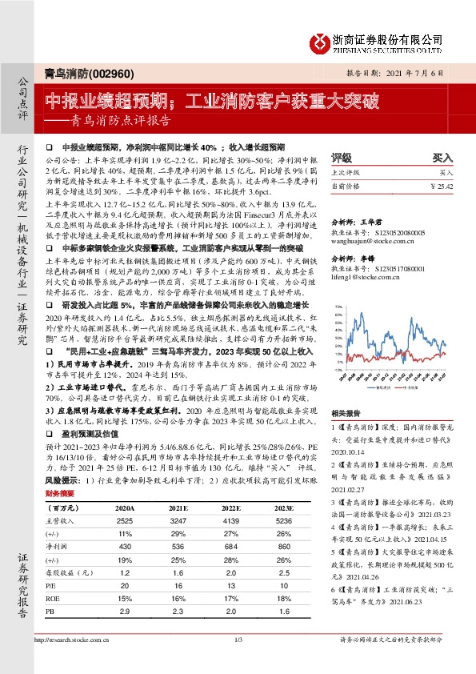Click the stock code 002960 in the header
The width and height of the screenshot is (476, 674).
(102, 71)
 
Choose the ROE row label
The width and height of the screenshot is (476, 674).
(54, 596)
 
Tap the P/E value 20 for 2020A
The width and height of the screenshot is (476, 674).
(124, 584)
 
